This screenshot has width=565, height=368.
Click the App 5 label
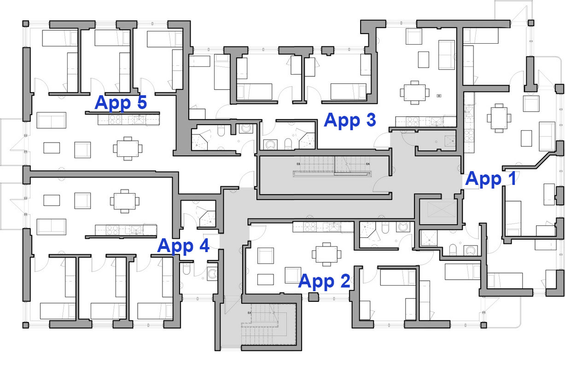[x=121, y=103]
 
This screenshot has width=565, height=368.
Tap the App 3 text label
[x=350, y=120]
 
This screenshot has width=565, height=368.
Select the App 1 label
[x=491, y=179]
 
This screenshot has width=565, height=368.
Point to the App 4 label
[x=183, y=246]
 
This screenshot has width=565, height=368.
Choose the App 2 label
[x=324, y=281]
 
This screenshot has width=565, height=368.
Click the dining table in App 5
[x=126, y=148]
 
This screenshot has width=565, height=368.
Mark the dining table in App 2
[x=326, y=254]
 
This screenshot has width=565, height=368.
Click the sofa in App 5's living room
[x=51, y=120]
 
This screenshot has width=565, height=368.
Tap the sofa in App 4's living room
[x=51, y=226]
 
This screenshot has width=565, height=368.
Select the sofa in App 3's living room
[x=446, y=55]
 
